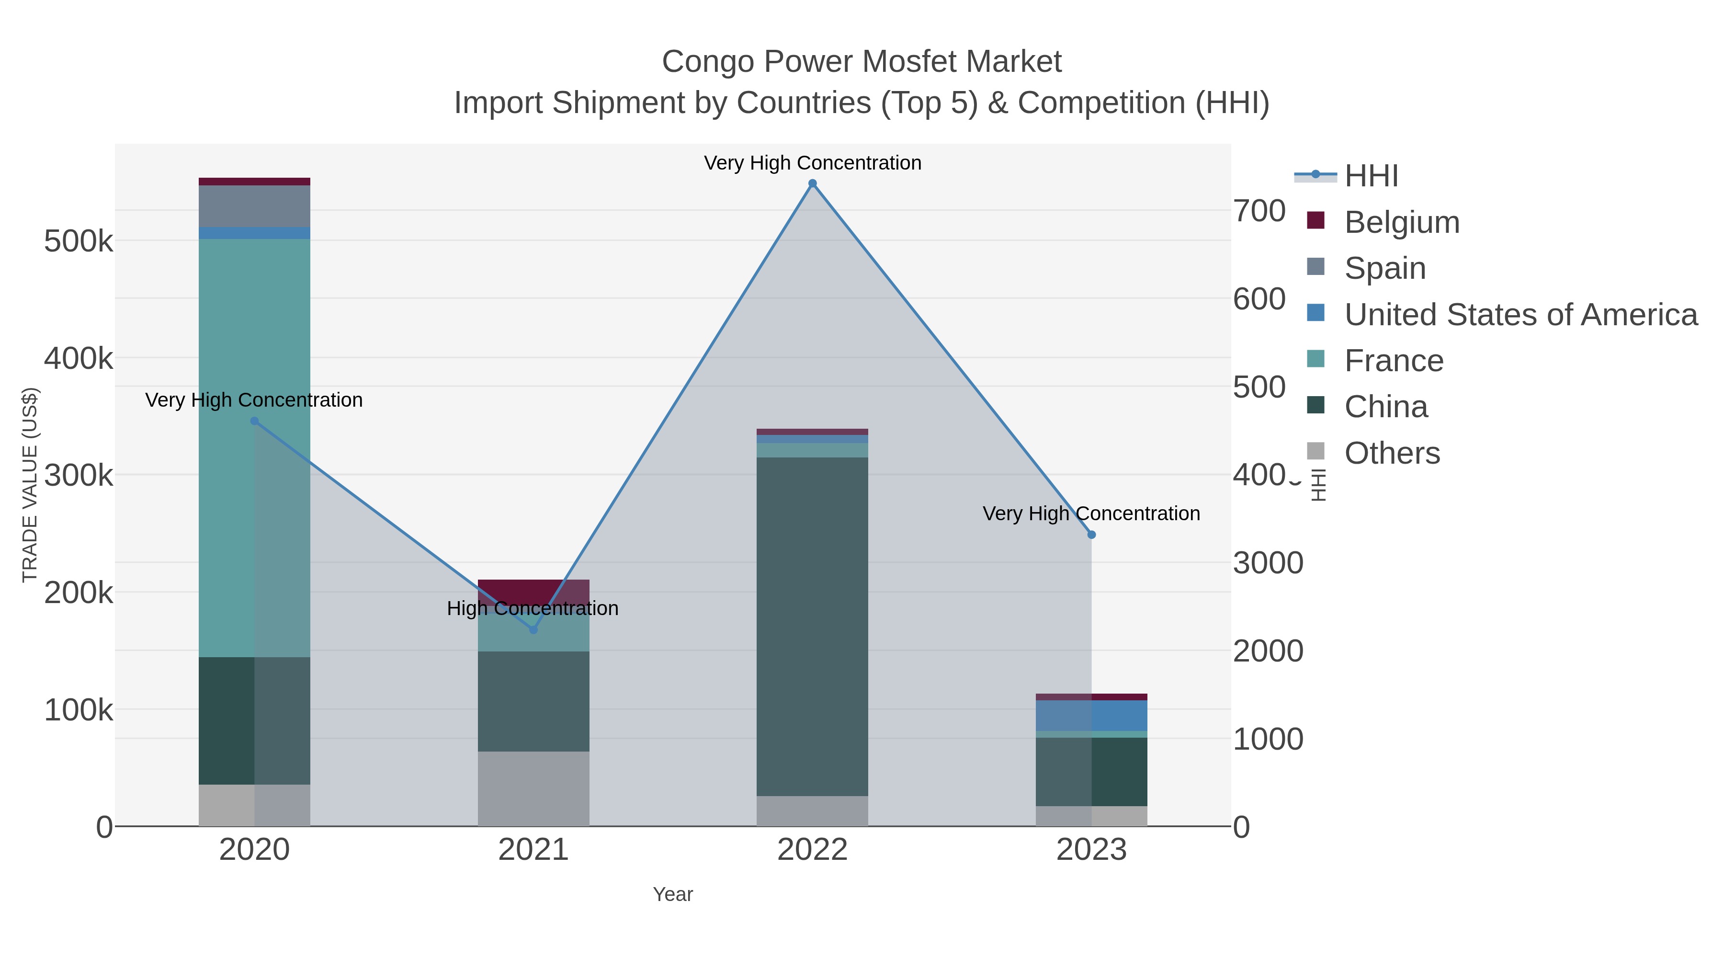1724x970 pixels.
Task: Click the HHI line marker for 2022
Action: [x=813, y=183]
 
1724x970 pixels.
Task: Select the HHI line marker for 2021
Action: [x=533, y=630]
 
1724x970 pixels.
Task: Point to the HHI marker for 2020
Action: [x=254, y=421]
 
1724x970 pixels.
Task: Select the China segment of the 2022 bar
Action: [x=813, y=626]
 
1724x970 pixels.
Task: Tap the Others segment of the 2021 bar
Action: [x=533, y=788]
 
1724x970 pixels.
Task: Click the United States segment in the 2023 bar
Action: [x=1091, y=716]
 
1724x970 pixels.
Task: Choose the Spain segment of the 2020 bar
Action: [x=254, y=206]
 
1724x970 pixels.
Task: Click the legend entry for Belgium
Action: [x=1401, y=222]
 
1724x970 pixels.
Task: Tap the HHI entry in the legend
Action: [x=1371, y=175]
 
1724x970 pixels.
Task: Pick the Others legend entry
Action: [x=1391, y=453]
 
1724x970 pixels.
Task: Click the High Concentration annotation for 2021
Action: [x=533, y=608]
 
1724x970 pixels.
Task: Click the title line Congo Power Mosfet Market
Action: [x=862, y=62]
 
